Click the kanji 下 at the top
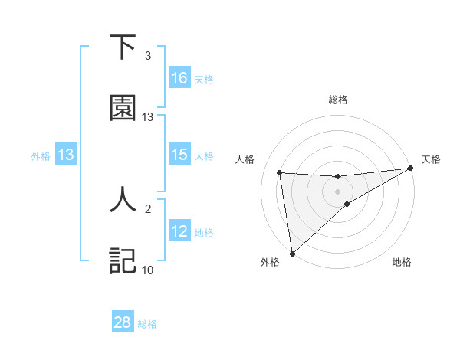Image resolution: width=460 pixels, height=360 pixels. tap(123, 47)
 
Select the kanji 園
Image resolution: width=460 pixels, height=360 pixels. tap(123, 108)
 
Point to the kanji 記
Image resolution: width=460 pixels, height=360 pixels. tap(123, 260)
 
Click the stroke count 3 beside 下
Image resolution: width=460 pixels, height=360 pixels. tap(148, 56)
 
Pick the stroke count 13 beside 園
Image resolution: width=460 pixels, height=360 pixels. tap(148, 117)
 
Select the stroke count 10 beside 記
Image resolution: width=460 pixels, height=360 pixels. tap(148, 270)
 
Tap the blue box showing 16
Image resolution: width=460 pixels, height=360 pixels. tap(179, 78)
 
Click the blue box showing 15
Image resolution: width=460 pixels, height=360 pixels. tap(179, 155)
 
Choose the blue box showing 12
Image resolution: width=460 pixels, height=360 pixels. tap(179, 231)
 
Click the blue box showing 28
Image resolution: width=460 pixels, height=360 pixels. tap(123, 322)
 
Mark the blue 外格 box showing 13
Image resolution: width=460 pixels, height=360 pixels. tap(66, 155)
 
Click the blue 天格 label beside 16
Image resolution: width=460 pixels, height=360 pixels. tap(204, 79)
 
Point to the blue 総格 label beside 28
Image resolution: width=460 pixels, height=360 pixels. tap(147, 324)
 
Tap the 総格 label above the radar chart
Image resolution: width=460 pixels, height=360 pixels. tap(338, 100)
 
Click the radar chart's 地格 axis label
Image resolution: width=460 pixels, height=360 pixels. tap(402, 262)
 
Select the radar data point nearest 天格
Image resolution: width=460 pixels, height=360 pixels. tap(410, 169)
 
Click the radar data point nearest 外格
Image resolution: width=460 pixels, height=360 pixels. tap(292, 253)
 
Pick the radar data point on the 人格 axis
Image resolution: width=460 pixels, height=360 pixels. tap(280, 172)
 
